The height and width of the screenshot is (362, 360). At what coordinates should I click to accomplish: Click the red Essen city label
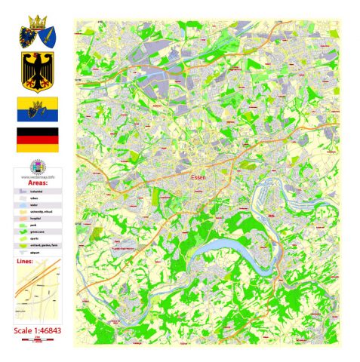(x=198, y=170)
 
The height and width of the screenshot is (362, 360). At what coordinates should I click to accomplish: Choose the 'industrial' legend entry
(x=43, y=193)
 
